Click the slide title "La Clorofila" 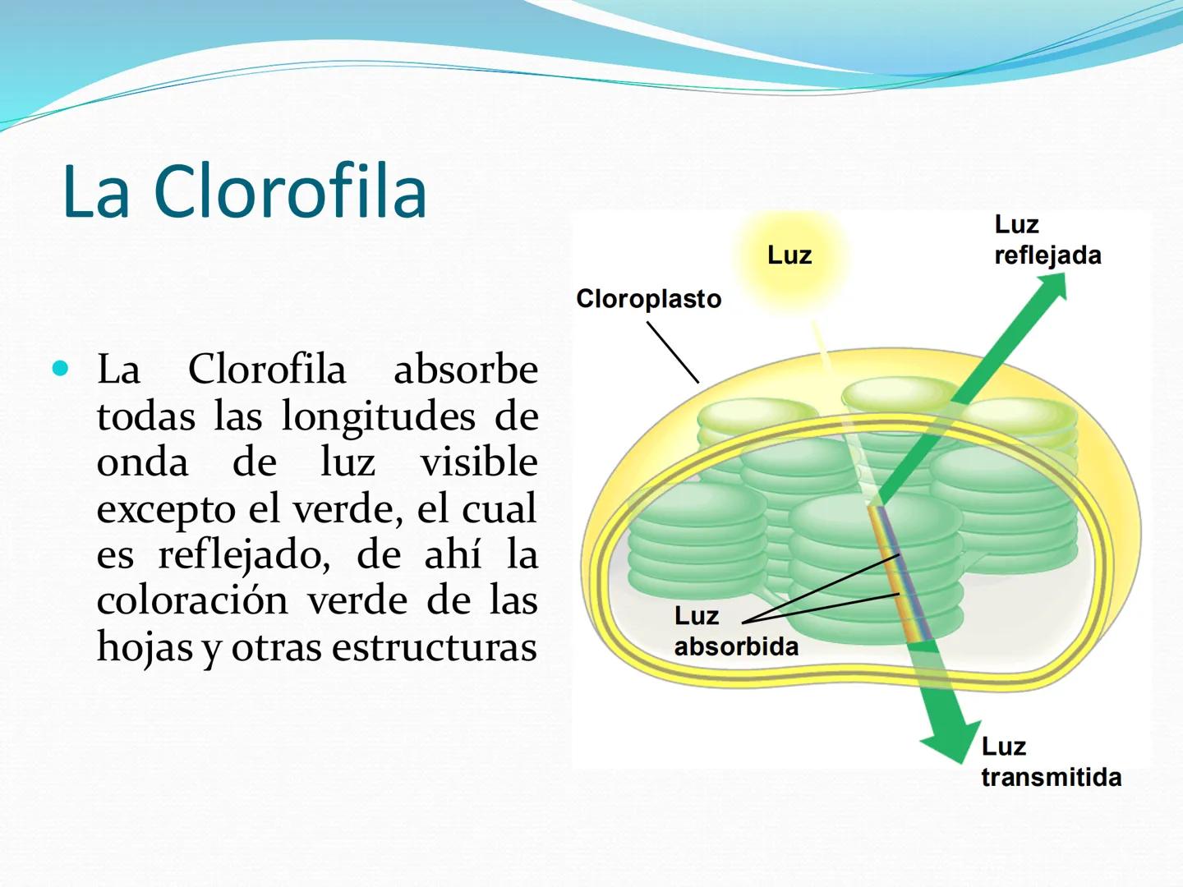(x=244, y=191)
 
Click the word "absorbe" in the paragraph (x=465, y=370)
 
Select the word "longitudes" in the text (x=378, y=416)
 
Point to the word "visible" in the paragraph (x=479, y=462)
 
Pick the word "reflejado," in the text (x=244, y=555)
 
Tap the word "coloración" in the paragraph (x=192, y=600)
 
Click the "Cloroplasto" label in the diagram (x=648, y=299)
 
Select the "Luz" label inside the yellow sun (x=789, y=255)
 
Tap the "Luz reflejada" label (x=1047, y=240)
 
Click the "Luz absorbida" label (x=735, y=631)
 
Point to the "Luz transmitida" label (x=1051, y=762)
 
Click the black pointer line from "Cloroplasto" (x=673, y=352)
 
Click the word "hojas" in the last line (x=145, y=647)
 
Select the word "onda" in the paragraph (x=142, y=462)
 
